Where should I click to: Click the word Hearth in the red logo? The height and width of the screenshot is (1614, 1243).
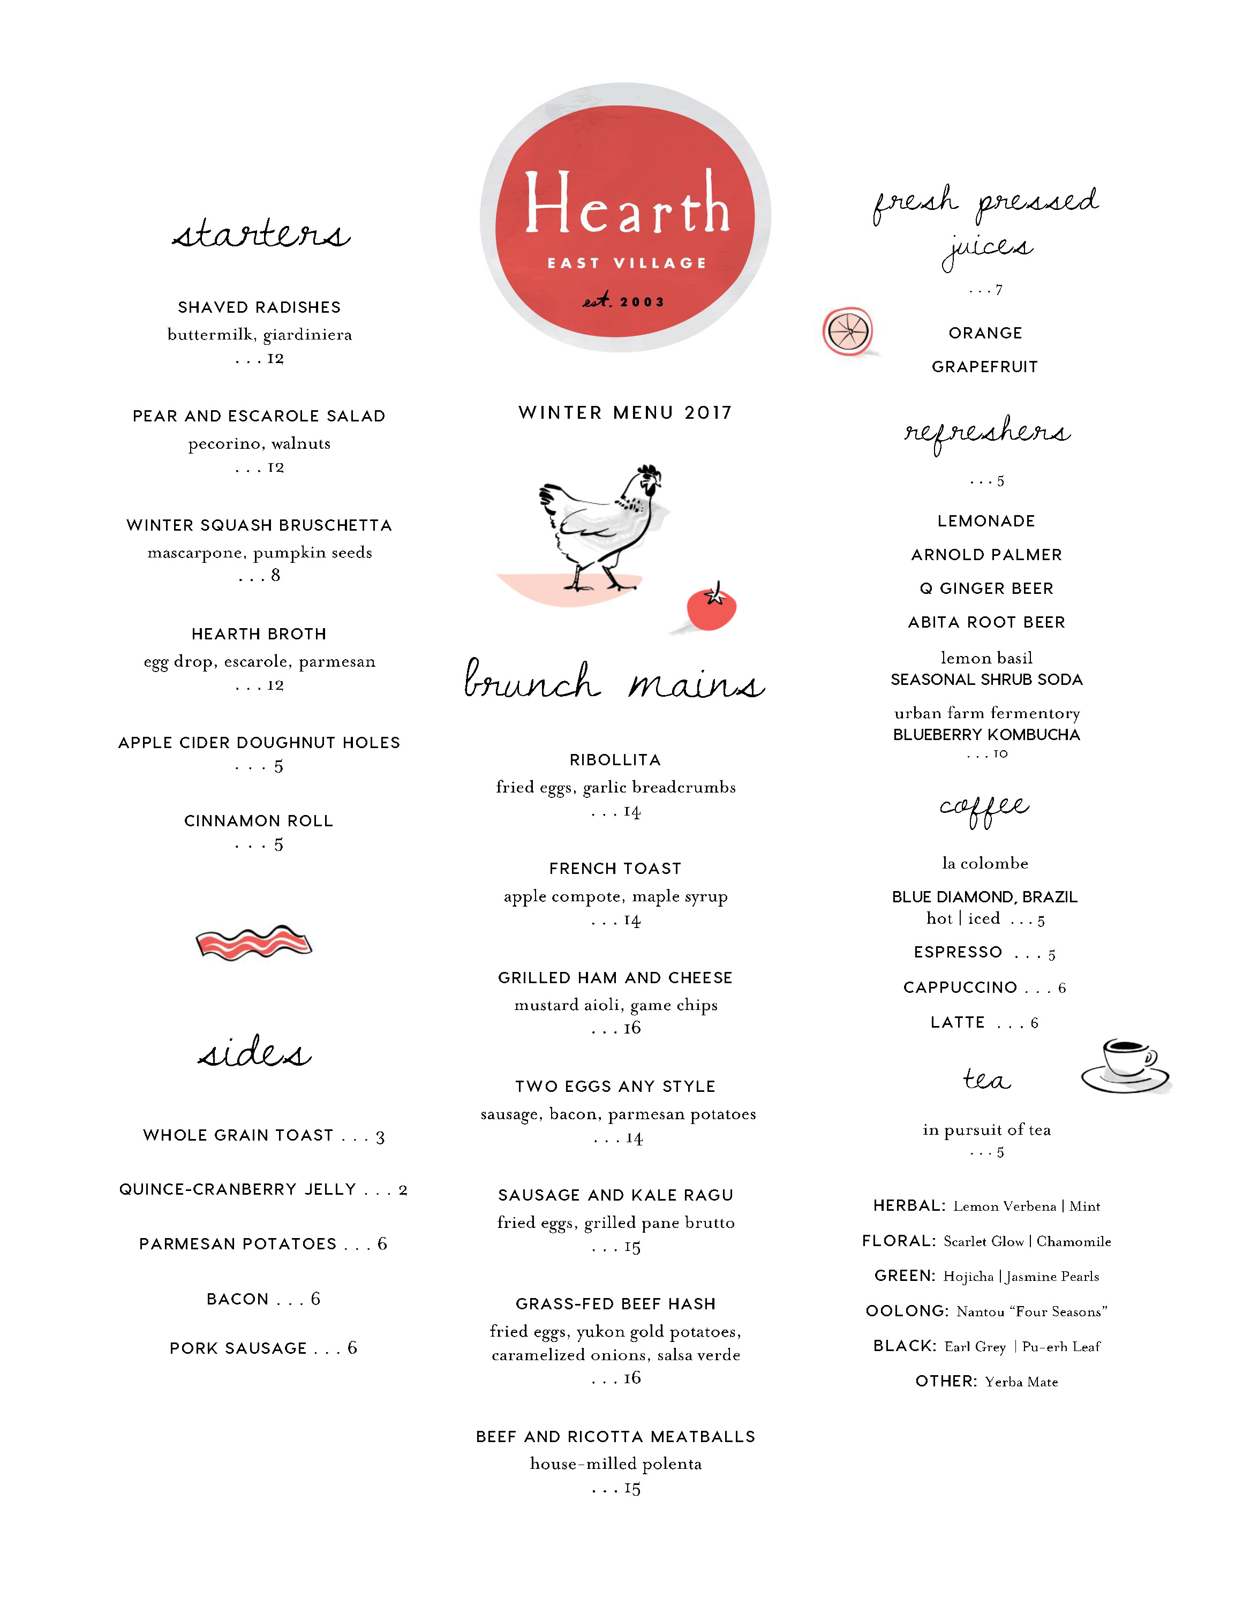point(627,202)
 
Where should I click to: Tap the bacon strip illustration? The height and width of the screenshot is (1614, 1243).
point(253,942)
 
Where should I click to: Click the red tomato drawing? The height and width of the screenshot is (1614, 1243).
point(711,608)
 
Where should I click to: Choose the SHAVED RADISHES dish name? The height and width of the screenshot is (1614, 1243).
point(259,307)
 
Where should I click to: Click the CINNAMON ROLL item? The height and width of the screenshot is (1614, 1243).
point(259,821)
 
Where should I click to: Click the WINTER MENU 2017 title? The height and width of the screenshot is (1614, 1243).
point(625,412)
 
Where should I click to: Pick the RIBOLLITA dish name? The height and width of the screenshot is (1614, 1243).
point(615,760)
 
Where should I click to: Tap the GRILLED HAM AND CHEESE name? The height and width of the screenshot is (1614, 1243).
point(615,978)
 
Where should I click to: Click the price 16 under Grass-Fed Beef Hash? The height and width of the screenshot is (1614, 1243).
point(632,1377)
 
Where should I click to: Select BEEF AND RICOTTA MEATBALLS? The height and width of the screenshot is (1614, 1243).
point(615,1437)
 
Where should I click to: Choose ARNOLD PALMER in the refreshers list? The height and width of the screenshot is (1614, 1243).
point(986,555)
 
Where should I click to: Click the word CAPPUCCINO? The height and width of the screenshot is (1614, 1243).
point(960,987)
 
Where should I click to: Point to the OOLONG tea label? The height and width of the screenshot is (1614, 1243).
point(907,1311)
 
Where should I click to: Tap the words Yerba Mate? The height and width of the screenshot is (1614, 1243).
point(1021,1382)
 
